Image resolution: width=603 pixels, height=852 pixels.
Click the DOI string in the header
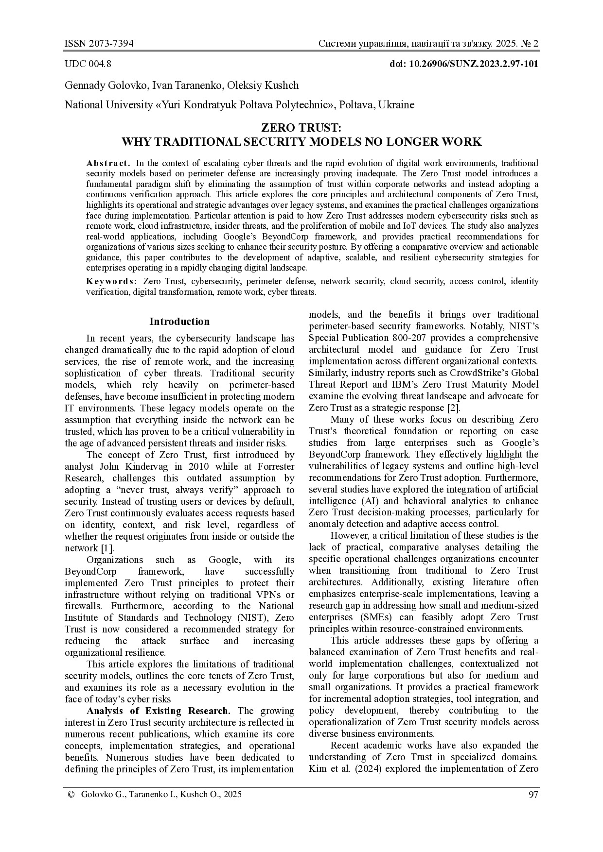click(x=464, y=64)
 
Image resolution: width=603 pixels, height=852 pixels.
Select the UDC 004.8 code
click(x=88, y=64)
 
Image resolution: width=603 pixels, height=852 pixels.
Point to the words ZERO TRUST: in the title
click(x=301, y=128)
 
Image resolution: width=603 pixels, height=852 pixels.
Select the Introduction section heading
click(x=179, y=322)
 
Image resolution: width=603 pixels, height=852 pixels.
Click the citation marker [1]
click(x=107, y=548)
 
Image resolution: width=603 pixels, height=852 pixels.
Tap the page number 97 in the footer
click(x=533, y=795)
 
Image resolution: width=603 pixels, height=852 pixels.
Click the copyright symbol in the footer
click(x=71, y=795)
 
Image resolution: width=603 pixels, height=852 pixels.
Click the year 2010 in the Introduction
click(x=198, y=467)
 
